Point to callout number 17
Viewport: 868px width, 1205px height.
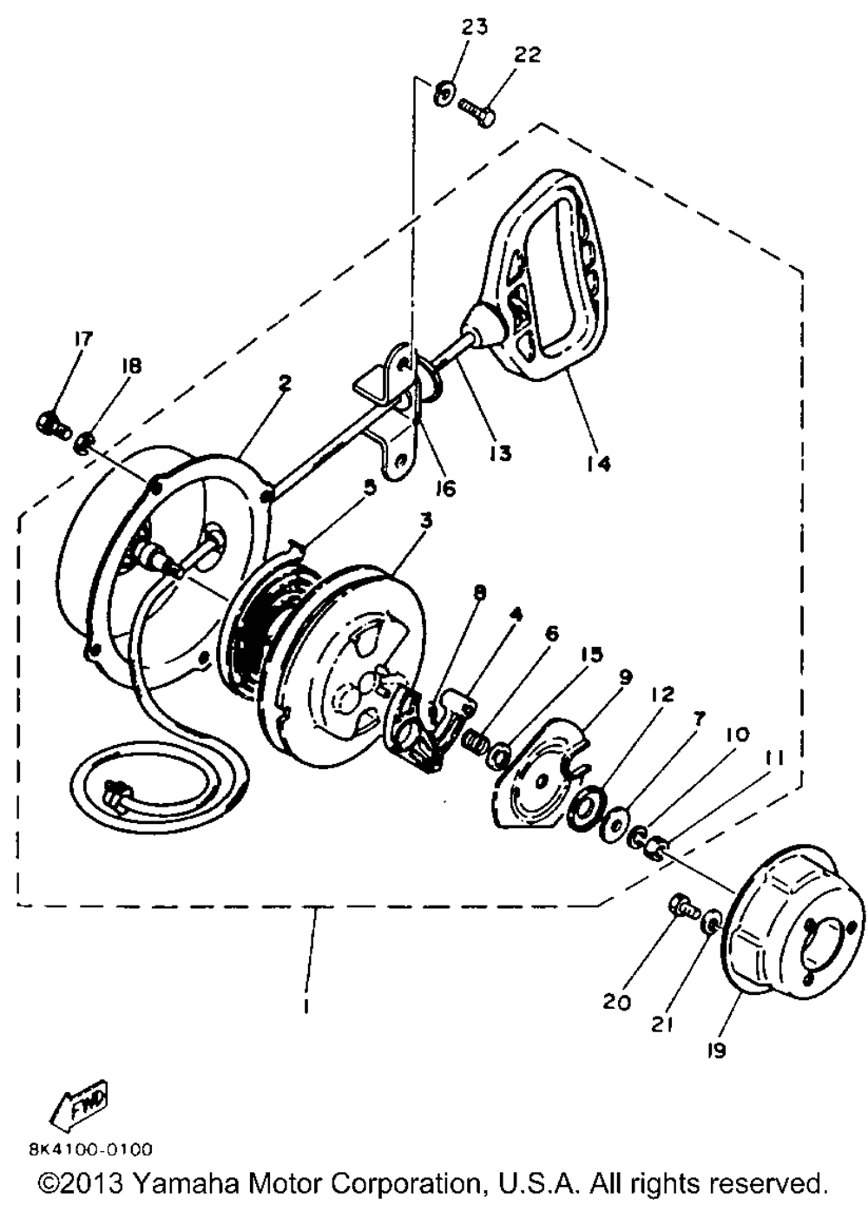(83, 339)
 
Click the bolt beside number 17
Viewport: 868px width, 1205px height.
(50, 425)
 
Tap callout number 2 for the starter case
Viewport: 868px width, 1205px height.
(285, 383)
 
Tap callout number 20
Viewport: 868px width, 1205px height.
(616, 1000)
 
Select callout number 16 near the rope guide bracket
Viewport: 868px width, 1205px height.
(445, 488)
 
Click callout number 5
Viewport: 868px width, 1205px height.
(371, 487)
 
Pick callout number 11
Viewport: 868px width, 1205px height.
(773, 757)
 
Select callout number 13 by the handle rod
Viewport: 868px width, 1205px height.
(501, 452)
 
